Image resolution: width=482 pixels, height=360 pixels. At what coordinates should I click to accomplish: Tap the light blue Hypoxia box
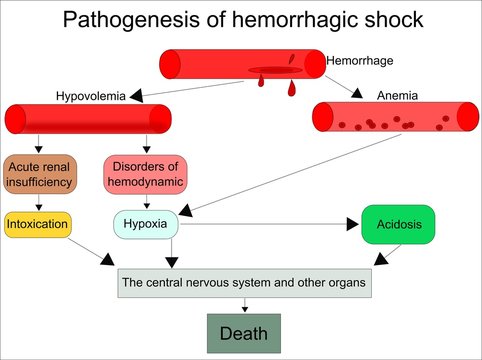pos(147,224)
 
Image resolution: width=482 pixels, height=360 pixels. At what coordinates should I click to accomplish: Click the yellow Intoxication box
pos(38,224)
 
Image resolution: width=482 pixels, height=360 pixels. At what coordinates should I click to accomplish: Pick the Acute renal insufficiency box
pos(40,173)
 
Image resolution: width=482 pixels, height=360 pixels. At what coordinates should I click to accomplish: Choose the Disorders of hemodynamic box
pos(146,173)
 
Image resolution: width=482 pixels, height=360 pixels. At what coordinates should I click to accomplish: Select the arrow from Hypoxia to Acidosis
pos(270,225)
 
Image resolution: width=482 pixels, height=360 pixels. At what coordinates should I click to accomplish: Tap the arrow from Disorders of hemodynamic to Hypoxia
pos(147,200)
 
